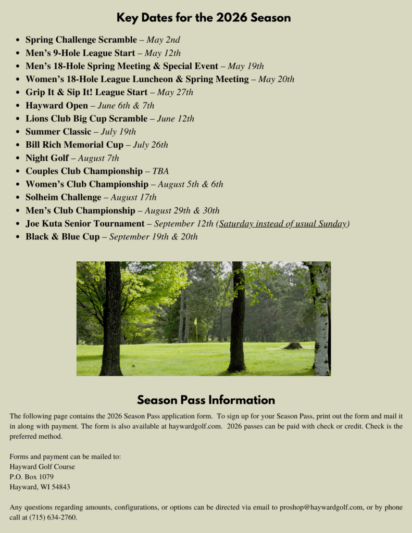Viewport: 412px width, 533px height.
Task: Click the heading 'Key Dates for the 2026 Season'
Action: point(204,18)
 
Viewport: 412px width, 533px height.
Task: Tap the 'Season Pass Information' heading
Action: point(206,400)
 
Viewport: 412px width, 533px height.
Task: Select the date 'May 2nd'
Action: point(163,40)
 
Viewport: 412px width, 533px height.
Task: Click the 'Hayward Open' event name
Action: point(57,106)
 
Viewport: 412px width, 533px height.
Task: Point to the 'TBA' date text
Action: point(160,171)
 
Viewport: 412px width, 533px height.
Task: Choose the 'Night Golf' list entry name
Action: point(47,158)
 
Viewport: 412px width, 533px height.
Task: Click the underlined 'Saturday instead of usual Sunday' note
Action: point(283,224)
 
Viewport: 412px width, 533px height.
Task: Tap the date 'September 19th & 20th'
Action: point(153,237)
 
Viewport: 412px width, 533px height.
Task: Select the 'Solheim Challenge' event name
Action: point(64,197)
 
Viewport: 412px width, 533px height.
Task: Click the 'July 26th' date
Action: point(150,145)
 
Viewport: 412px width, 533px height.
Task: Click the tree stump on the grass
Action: point(293,346)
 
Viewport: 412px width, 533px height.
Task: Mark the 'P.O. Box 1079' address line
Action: point(32,477)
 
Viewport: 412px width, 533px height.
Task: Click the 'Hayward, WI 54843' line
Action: point(40,487)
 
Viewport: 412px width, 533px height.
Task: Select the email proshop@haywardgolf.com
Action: point(321,507)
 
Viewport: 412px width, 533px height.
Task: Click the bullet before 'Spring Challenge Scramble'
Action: point(18,40)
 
